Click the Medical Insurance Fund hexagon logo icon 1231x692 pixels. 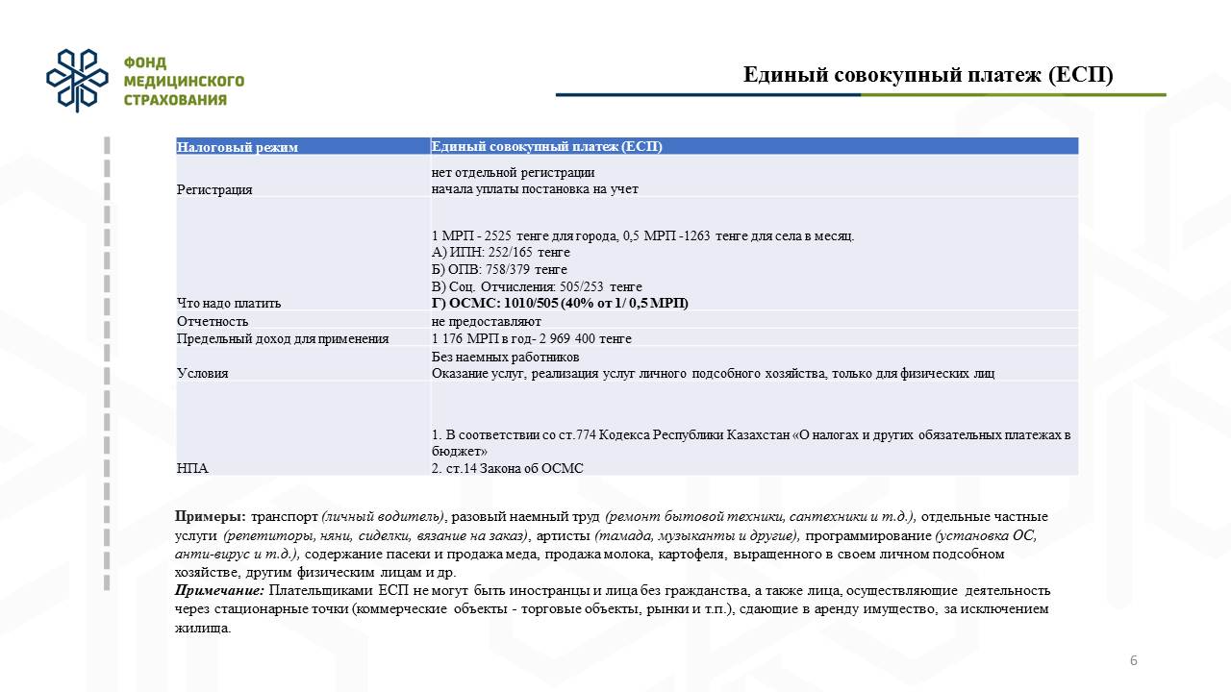click(x=77, y=81)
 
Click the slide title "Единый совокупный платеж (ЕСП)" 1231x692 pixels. click(x=927, y=76)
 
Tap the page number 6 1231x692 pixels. click(x=1134, y=660)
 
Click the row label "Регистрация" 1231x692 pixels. click(x=214, y=189)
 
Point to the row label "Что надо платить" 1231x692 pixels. click(x=229, y=303)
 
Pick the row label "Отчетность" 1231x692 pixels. click(x=213, y=321)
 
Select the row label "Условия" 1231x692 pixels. click(x=203, y=373)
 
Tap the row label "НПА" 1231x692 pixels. click(x=192, y=468)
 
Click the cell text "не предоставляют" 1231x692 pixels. click(x=487, y=321)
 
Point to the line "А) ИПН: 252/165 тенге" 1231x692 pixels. click(x=501, y=253)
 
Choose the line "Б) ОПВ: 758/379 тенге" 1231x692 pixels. click(x=499, y=270)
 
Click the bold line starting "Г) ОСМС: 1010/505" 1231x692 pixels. click(x=560, y=303)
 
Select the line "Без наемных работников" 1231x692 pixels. click(x=506, y=357)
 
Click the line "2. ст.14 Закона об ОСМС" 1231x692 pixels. click(x=508, y=468)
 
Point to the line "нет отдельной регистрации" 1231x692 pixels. click(x=513, y=173)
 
